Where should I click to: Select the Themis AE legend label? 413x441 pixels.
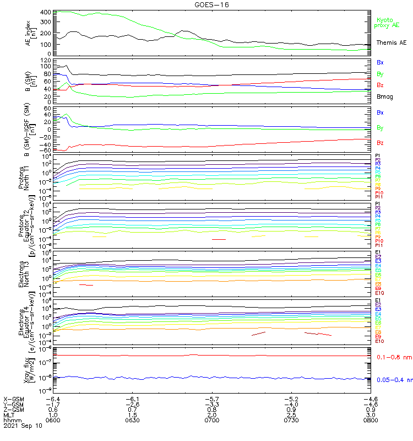392,42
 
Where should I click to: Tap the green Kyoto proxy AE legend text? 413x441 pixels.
387,23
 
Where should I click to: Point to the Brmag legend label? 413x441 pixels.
385,96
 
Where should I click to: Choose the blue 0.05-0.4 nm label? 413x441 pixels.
394,379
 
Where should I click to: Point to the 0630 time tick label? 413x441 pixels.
132,421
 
